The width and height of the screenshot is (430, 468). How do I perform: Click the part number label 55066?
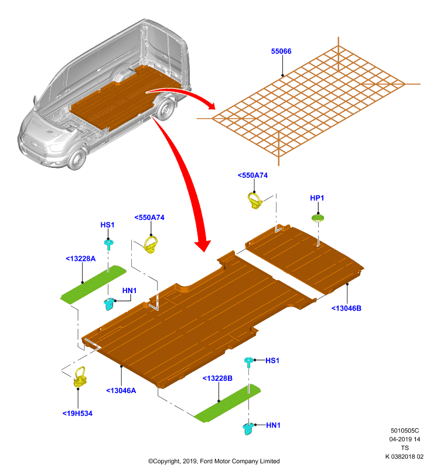click(281, 51)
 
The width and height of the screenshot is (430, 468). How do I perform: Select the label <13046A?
click(121, 390)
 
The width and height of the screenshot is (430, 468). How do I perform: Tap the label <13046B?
click(346, 308)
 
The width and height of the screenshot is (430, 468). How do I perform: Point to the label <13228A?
click(81, 259)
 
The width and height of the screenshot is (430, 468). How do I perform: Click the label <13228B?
click(217, 378)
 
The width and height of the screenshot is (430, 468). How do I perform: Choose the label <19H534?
click(77, 414)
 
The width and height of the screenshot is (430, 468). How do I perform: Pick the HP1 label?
click(317, 198)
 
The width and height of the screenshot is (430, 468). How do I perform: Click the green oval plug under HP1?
click(318, 218)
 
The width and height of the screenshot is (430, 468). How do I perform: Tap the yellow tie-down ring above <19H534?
click(80, 377)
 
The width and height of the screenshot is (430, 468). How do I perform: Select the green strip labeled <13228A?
click(93, 284)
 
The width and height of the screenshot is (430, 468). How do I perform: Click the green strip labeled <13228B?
click(227, 403)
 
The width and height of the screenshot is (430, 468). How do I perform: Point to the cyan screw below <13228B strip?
click(248, 429)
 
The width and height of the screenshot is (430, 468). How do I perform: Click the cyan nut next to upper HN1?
click(109, 304)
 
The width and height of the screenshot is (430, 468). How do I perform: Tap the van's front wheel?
click(78, 158)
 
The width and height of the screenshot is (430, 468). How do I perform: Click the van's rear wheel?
click(165, 109)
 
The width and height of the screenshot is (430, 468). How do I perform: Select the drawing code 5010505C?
click(405, 431)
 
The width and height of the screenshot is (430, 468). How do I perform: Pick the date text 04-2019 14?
click(405, 439)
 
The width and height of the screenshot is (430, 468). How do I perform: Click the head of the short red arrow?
click(211, 105)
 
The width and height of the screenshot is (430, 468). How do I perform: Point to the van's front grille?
click(35, 146)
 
